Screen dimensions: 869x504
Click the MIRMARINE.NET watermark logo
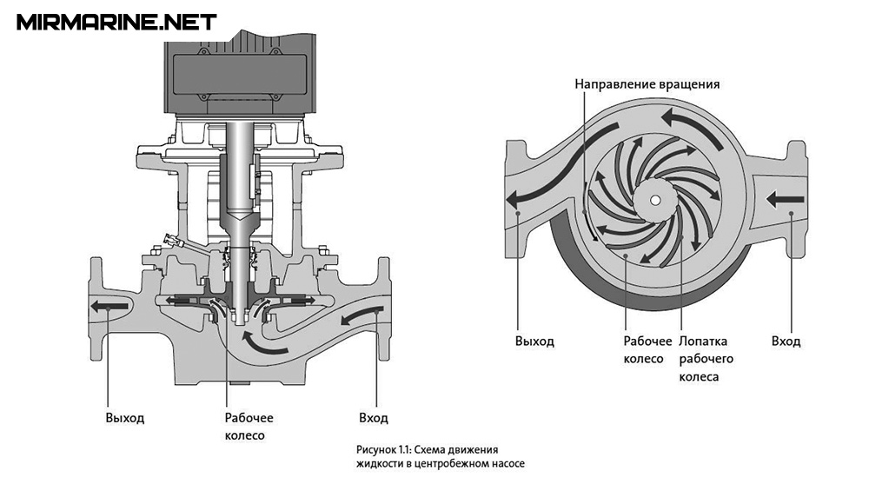pos(116,23)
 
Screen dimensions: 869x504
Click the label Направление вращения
pos(647,84)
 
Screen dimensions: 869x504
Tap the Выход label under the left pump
pos(124,417)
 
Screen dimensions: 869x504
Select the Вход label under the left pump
pos(374,417)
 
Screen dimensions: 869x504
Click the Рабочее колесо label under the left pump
pos(249,427)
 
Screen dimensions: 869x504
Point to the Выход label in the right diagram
pos(534,341)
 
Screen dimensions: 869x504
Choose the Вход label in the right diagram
pos(786,341)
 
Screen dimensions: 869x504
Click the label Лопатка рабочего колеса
pos(706,359)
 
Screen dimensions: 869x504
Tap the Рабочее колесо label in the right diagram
pos(647,350)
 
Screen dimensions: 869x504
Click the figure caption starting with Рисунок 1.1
pos(440,455)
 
